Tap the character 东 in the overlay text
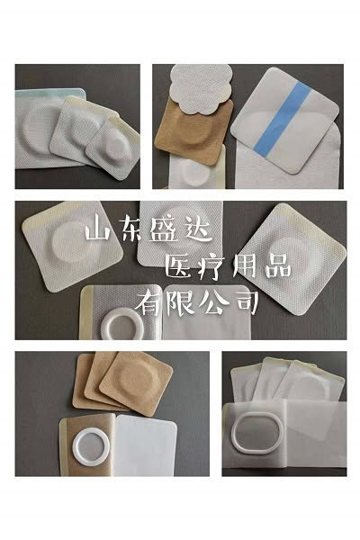coord(128,228)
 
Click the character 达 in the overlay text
coord(197,229)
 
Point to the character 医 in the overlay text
coord(180,267)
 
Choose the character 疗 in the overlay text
coord(212,267)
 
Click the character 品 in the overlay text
coord(278,267)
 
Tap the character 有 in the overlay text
coord(148,302)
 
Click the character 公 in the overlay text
coord(214,302)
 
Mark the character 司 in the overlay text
coord(246,302)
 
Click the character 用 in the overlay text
coord(244,267)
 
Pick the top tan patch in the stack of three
coord(136,382)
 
